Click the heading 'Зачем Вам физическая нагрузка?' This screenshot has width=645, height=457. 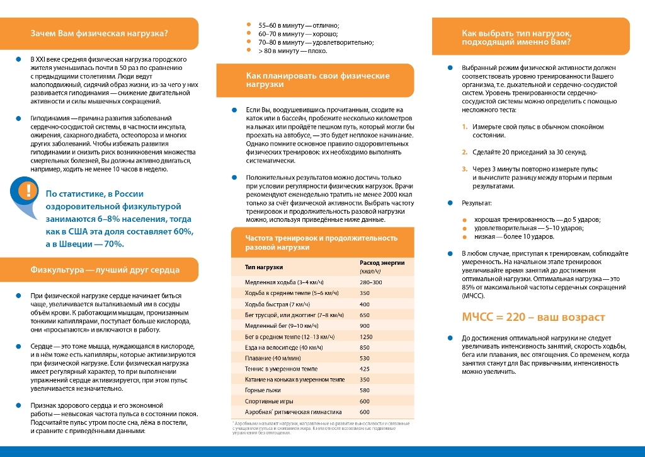click(x=100, y=33)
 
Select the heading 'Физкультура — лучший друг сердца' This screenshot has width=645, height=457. click(x=105, y=270)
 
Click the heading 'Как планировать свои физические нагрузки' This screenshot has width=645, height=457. click(x=317, y=79)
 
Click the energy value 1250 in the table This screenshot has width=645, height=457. click(x=366, y=337)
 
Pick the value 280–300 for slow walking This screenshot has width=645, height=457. click(x=370, y=282)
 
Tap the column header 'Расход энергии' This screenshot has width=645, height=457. click(x=382, y=262)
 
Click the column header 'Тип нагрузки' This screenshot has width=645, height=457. click(x=264, y=267)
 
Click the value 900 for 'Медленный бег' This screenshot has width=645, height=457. click(x=364, y=326)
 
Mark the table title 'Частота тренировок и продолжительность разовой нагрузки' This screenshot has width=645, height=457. click(x=321, y=242)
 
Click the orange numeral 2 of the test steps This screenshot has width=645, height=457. click(x=465, y=152)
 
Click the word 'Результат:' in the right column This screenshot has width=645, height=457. click(x=477, y=203)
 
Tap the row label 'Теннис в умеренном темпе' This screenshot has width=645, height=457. click(x=281, y=369)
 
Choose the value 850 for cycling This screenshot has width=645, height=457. click(x=364, y=347)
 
